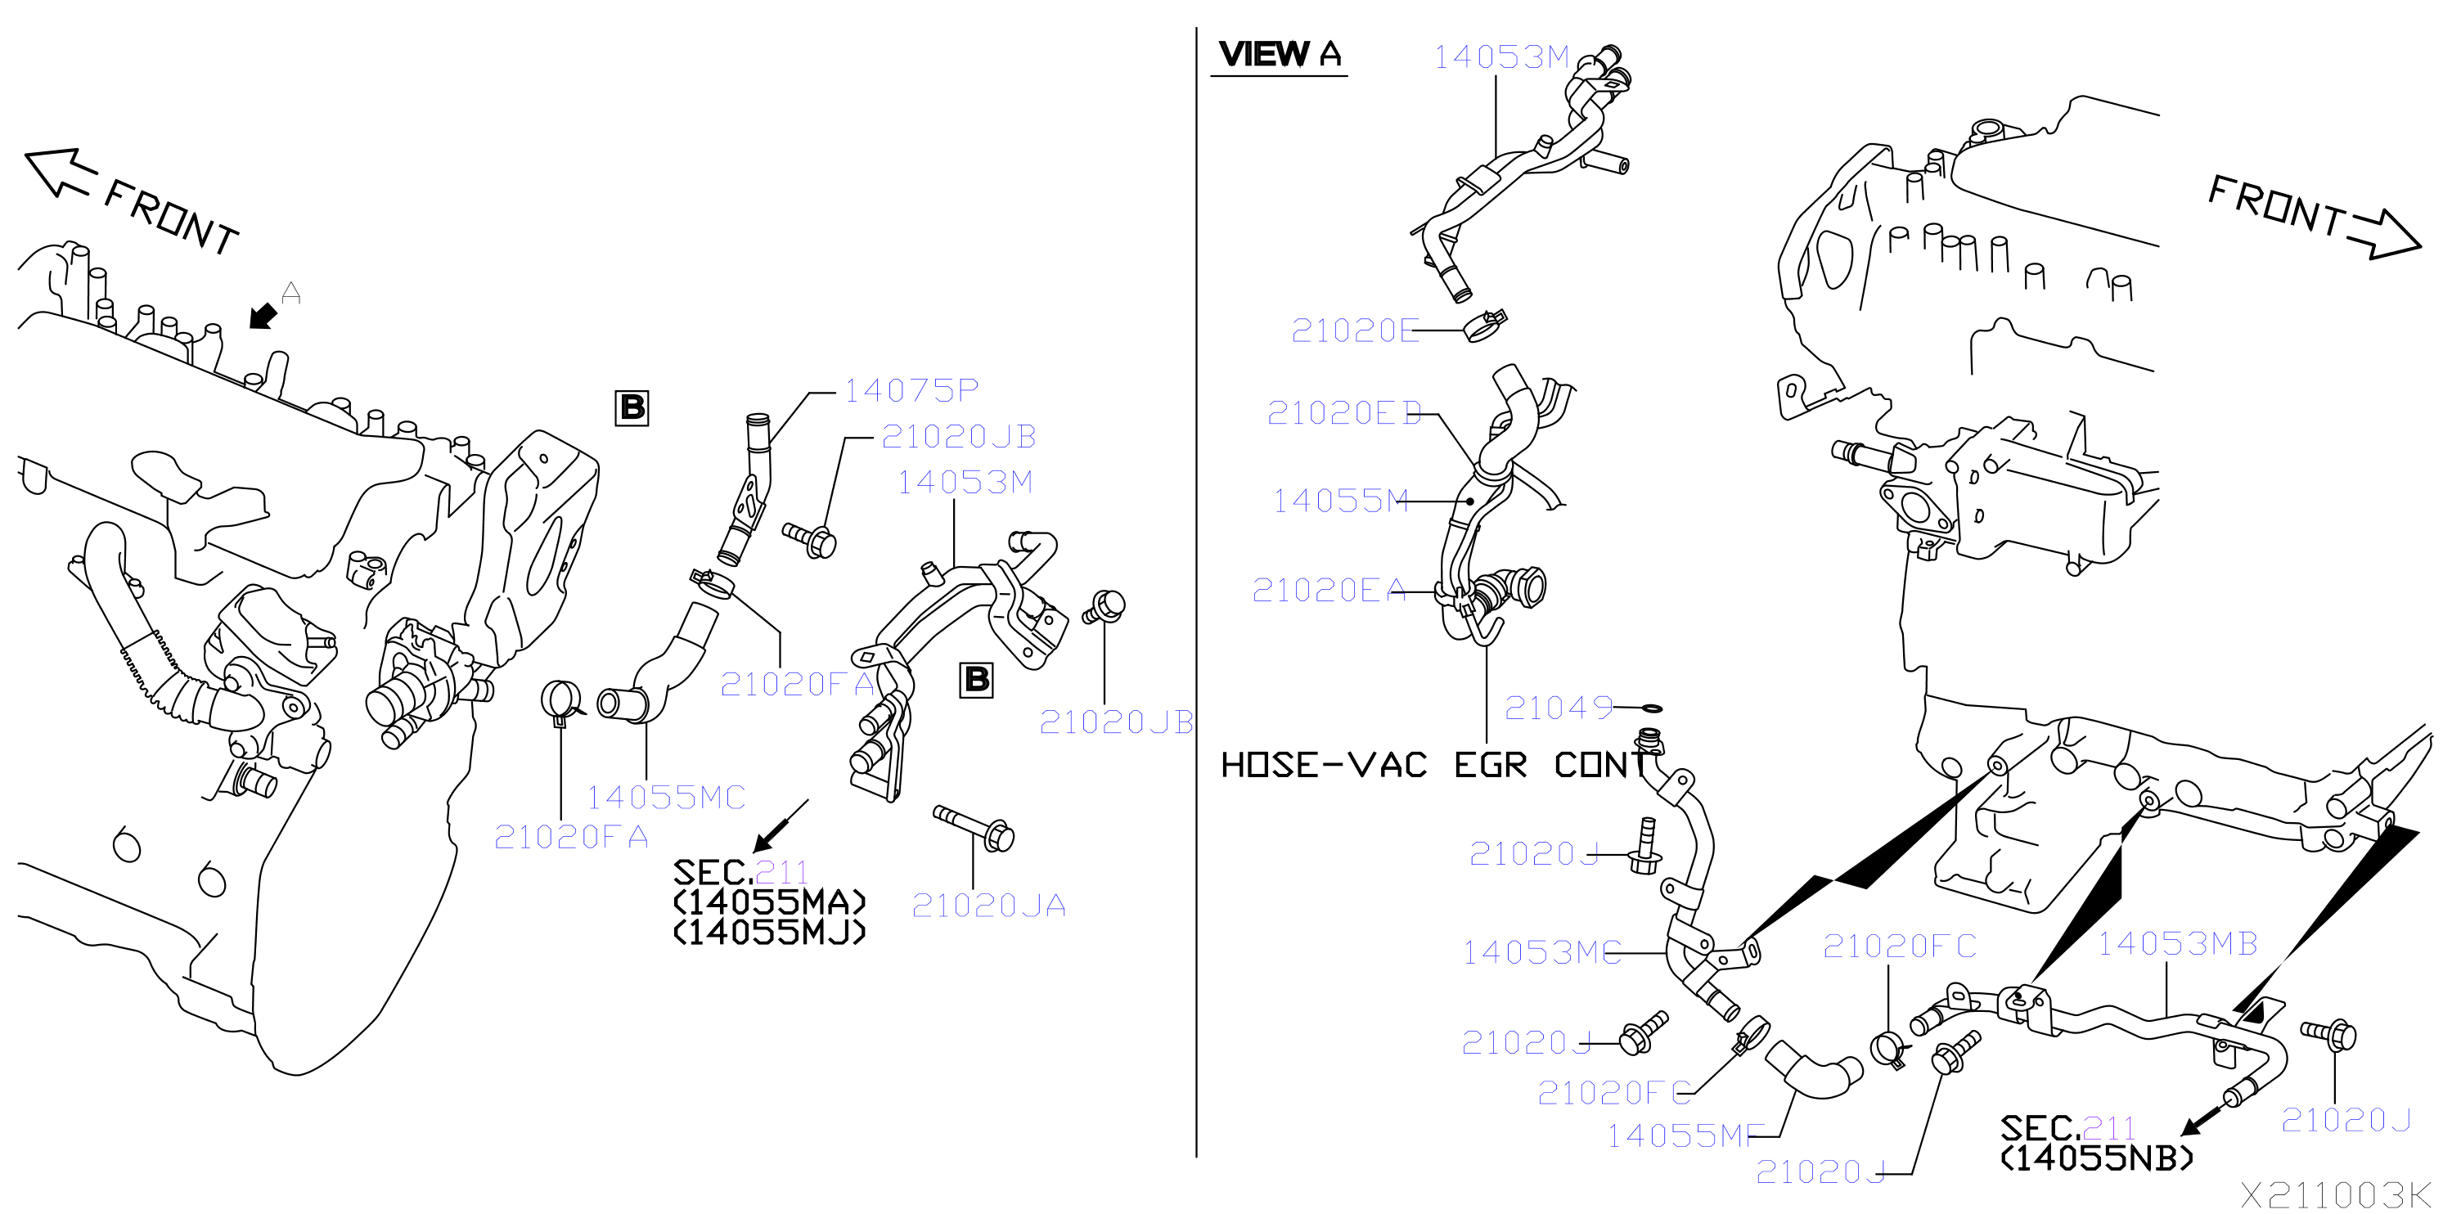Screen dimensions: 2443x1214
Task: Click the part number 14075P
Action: point(911,390)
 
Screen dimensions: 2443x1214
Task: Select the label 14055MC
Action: point(666,798)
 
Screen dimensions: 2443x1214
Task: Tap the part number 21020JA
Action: point(988,906)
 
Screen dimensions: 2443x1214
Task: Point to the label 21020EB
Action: point(1345,412)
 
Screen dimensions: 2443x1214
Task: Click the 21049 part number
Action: point(1559,708)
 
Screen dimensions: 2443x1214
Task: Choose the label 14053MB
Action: point(2177,944)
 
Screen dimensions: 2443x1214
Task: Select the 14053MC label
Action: point(1542,952)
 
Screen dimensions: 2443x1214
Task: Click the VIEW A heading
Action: point(1280,54)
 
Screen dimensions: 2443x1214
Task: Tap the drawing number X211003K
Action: point(2336,1194)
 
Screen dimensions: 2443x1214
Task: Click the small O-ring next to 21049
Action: point(1651,708)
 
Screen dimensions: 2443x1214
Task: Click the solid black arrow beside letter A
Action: point(263,316)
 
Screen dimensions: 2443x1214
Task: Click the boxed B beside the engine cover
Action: point(632,408)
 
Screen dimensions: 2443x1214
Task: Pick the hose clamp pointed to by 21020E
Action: point(1484,326)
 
